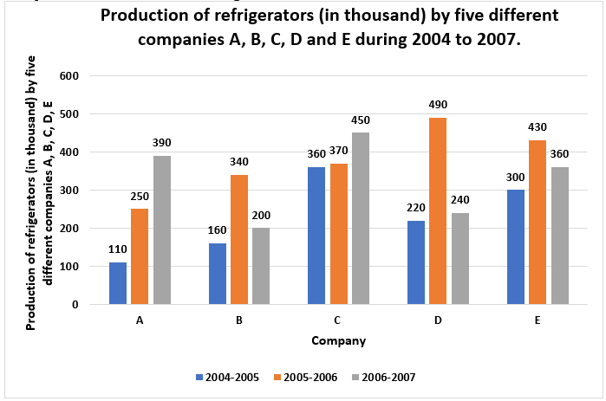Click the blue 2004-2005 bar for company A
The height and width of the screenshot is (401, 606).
click(x=118, y=283)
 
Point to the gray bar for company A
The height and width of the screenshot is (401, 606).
click(x=162, y=230)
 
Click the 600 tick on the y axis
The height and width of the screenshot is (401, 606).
click(x=68, y=76)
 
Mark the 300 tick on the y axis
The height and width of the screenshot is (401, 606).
click(x=68, y=191)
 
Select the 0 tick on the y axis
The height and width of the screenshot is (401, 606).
click(x=75, y=305)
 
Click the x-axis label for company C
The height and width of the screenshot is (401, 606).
click(x=339, y=320)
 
